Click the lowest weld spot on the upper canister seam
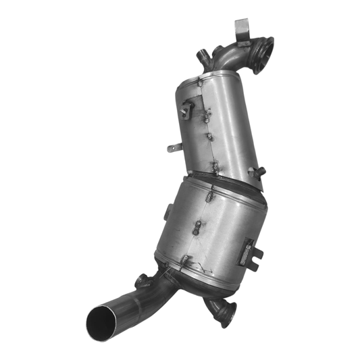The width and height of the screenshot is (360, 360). pyautogui.click(x=215, y=164)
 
